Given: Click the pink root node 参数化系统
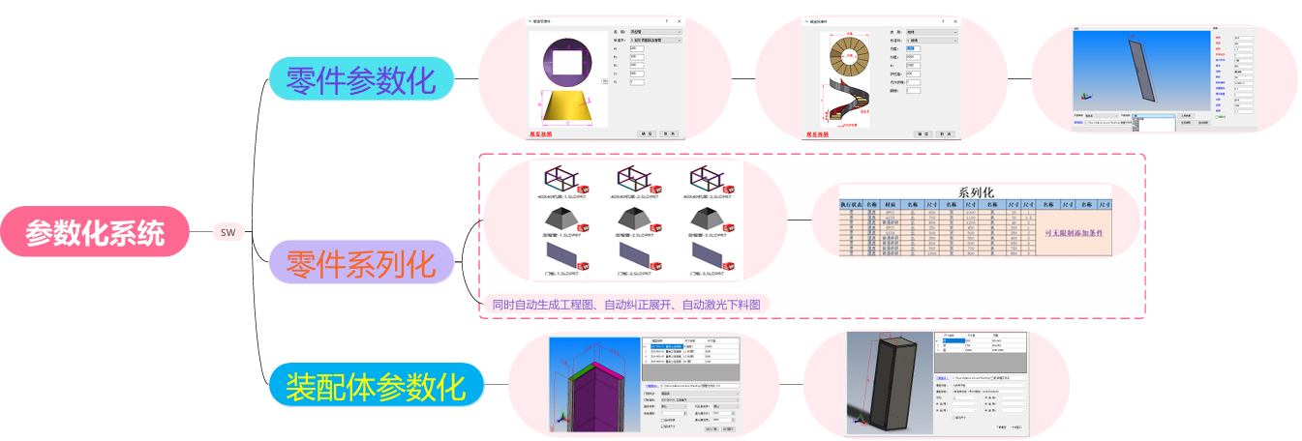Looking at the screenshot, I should pyautogui.click(x=94, y=232).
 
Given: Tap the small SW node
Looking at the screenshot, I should pyautogui.click(x=227, y=232).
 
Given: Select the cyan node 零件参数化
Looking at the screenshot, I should pyautogui.click(x=361, y=79).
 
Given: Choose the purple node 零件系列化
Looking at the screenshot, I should pyautogui.click(x=360, y=262).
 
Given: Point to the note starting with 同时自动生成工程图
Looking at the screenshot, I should pyautogui.click(x=625, y=305).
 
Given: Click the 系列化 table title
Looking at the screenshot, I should pyautogui.click(x=975, y=191).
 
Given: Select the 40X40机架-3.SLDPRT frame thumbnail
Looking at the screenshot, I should pyautogui.click(x=704, y=178).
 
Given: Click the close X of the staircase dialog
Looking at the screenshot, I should pyautogui.click(x=955, y=20).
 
